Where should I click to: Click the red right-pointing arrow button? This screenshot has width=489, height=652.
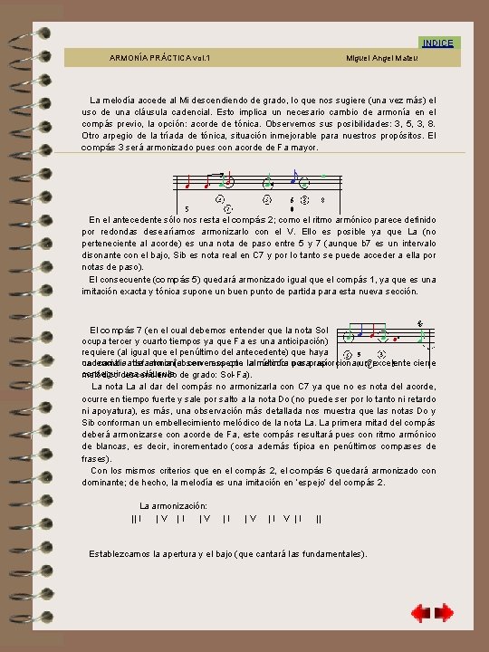[445, 613]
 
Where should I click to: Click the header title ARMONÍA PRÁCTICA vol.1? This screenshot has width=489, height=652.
[159, 58]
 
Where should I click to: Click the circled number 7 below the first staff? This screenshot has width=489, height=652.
[228, 207]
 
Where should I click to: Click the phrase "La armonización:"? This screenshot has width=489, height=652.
[174, 504]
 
